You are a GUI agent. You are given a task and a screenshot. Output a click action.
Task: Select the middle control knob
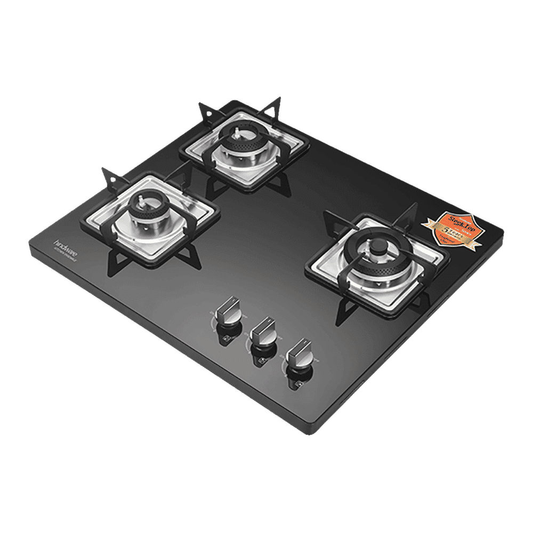point(262,334)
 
